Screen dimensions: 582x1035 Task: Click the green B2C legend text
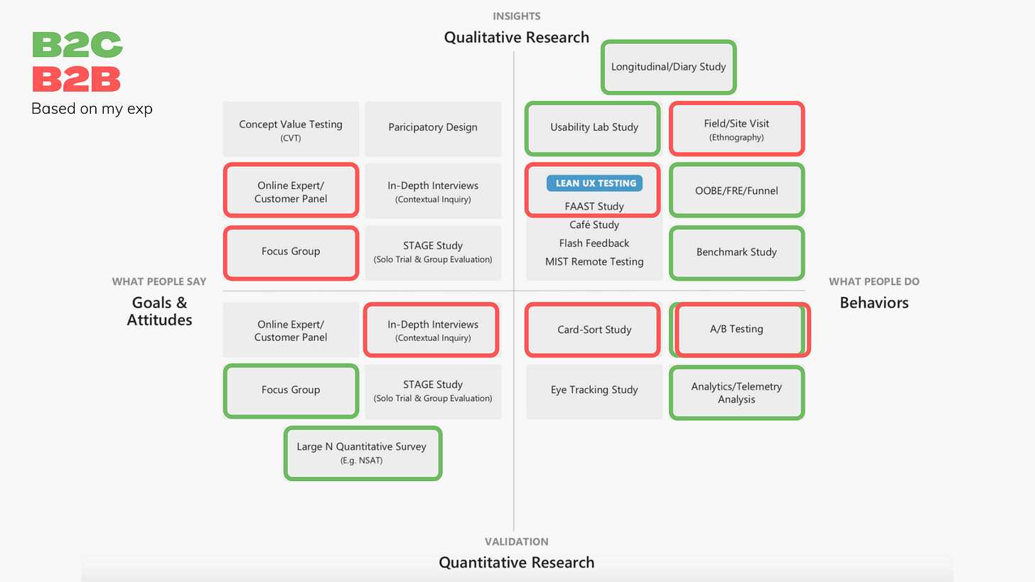coord(77,45)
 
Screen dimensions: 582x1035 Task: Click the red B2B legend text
coord(77,79)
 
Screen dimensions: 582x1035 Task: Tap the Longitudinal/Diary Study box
coord(668,67)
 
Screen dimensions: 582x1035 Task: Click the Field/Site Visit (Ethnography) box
coord(736,129)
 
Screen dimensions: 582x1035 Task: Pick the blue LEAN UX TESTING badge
coord(595,183)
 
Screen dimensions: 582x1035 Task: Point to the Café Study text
coord(594,225)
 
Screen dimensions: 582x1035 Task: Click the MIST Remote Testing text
coord(594,262)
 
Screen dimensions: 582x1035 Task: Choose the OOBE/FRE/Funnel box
coord(736,190)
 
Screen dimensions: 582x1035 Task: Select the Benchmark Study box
coord(736,252)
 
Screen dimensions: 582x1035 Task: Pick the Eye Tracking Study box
coord(594,390)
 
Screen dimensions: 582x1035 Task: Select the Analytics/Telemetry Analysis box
coord(736,392)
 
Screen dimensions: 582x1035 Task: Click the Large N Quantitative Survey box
coord(363,453)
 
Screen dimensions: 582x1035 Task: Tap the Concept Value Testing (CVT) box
coord(291,129)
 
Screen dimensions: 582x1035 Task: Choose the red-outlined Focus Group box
coord(291,252)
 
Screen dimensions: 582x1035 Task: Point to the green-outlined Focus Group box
coord(291,390)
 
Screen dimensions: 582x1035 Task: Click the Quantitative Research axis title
coord(516,563)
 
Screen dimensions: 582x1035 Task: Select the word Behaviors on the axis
coord(874,303)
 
